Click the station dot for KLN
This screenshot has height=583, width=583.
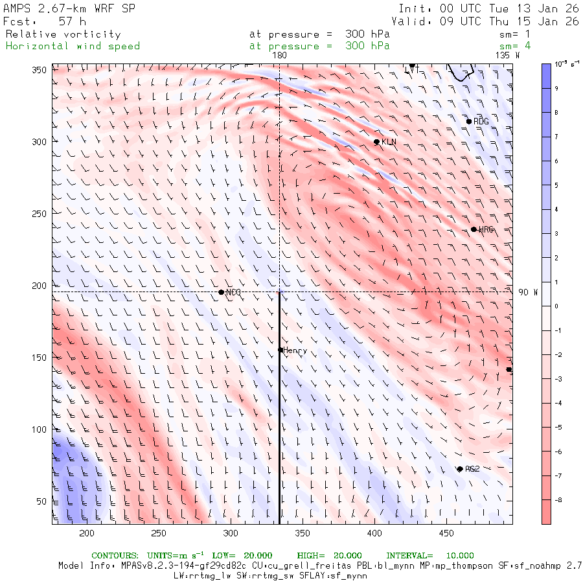(376, 142)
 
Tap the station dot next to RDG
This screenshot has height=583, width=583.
(469, 122)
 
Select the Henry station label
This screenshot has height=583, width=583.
(295, 350)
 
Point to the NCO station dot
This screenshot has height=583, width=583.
(222, 292)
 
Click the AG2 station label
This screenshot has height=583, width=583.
(472, 468)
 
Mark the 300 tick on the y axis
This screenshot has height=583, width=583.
(43, 142)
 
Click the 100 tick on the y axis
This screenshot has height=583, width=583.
(43, 429)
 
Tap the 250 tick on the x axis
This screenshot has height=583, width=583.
(159, 533)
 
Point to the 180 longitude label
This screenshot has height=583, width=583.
(279, 56)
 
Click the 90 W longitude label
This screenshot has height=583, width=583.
(528, 292)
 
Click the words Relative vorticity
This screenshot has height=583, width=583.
(63, 34)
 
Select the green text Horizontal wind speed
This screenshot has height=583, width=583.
(73, 46)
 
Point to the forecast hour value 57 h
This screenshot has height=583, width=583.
(72, 21)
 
